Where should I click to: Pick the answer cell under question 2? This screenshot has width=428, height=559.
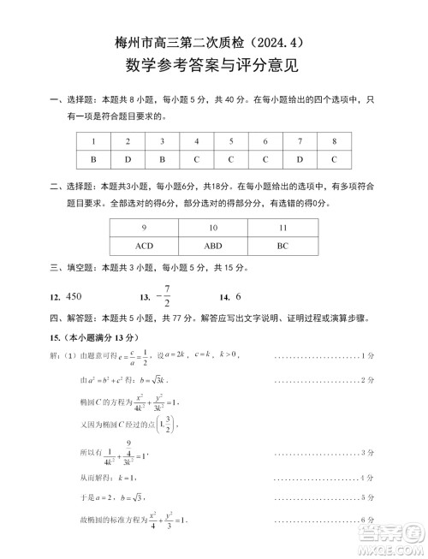click(128, 158)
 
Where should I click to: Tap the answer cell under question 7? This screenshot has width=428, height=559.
click(300, 158)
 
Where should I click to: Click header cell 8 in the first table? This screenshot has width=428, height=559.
click(334, 141)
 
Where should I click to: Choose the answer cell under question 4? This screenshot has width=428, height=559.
click(196, 158)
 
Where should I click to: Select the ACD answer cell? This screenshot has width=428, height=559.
click(144, 245)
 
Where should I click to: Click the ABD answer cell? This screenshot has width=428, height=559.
click(213, 245)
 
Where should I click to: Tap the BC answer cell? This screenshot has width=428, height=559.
click(282, 245)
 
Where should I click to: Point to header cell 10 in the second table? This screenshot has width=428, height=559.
click(213, 228)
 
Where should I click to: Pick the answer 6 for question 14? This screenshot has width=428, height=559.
click(239, 296)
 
